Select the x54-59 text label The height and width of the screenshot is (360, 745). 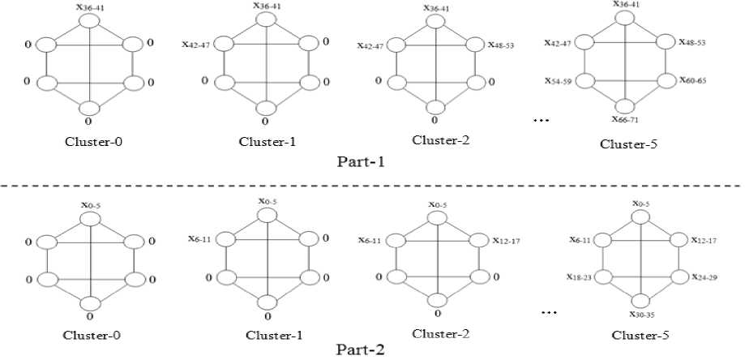tap(559, 81)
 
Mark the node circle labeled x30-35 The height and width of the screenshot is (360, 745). tap(640, 300)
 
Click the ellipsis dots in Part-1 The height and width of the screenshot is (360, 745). tap(541, 120)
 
